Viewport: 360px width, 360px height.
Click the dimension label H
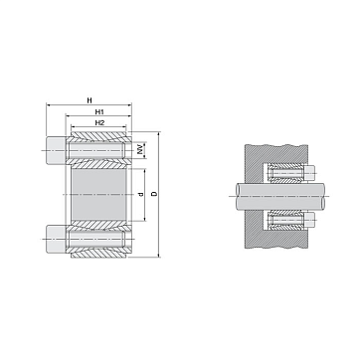(x=89, y=100)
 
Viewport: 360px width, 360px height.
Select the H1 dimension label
(x=99, y=111)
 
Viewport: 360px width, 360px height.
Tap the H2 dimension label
(x=99, y=123)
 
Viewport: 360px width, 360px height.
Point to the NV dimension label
(x=140, y=149)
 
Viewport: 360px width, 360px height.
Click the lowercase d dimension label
(x=141, y=194)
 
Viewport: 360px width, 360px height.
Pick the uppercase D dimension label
(x=154, y=194)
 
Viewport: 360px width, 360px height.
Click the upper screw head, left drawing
(x=56, y=151)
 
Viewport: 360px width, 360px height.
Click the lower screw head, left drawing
(x=56, y=239)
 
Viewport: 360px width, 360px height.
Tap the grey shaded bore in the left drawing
(x=99, y=195)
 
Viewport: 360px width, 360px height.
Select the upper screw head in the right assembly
(x=309, y=173)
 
